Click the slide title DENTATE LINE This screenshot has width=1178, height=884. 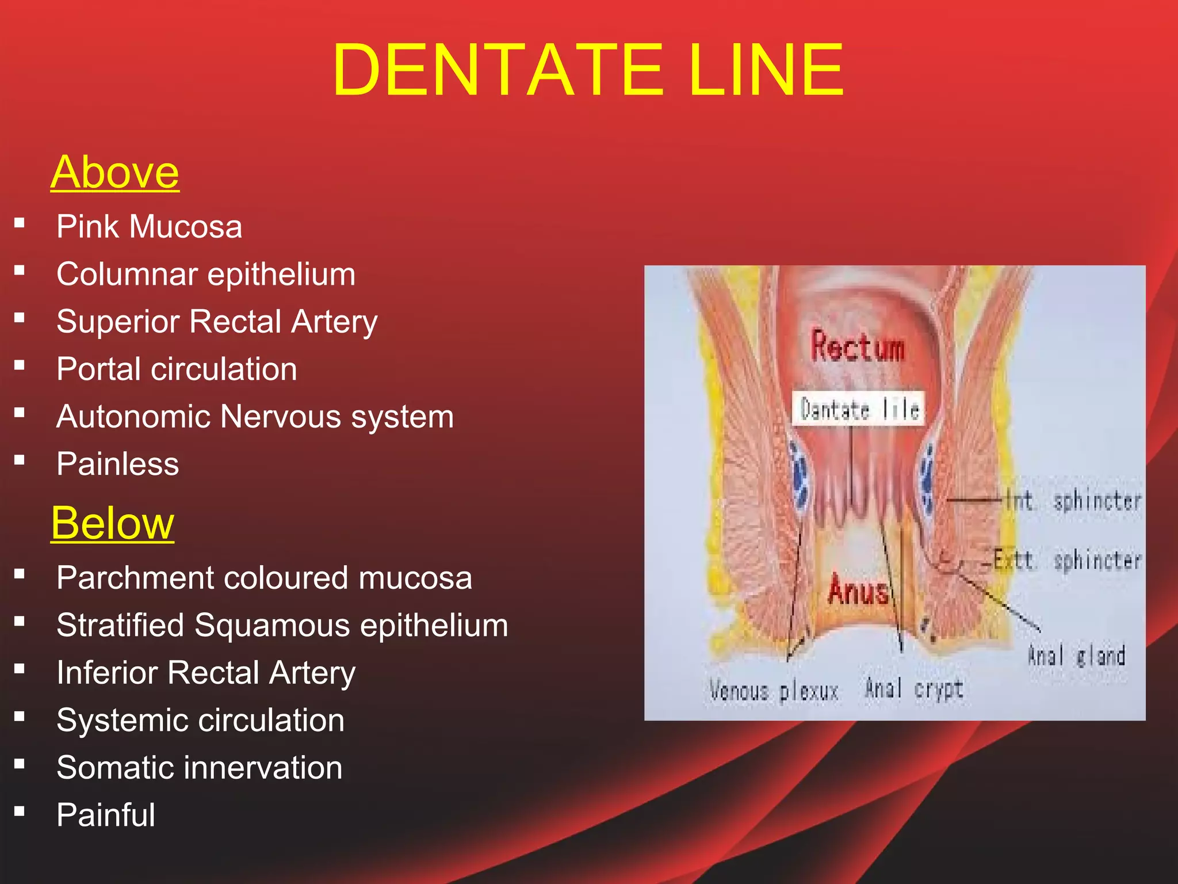click(x=588, y=70)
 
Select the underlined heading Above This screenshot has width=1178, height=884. click(x=115, y=172)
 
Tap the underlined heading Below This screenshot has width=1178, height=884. click(x=113, y=523)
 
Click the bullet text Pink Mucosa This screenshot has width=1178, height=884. click(x=150, y=226)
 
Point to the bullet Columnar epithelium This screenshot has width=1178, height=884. click(x=206, y=274)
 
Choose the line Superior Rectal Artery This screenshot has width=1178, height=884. click(x=217, y=322)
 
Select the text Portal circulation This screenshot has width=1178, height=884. click(x=177, y=369)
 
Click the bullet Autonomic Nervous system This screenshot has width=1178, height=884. click(x=255, y=417)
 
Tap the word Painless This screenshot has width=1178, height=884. click(x=118, y=464)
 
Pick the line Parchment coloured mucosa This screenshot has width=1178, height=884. click(x=264, y=578)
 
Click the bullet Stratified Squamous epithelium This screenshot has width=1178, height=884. click(x=282, y=625)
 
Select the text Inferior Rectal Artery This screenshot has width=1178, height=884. click(x=206, y=673)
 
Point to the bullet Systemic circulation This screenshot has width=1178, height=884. click(x=200, y=720)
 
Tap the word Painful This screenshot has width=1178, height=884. click(x=106, y=815)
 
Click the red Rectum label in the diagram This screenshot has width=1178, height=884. click(x=858, y=347)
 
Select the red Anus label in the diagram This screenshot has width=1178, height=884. click(x=858, y=590)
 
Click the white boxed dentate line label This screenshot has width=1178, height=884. click(x=859, y=409)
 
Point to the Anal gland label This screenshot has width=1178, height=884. click(x=1076, y=656)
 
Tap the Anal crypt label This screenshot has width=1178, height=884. click(x=914, y=688)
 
